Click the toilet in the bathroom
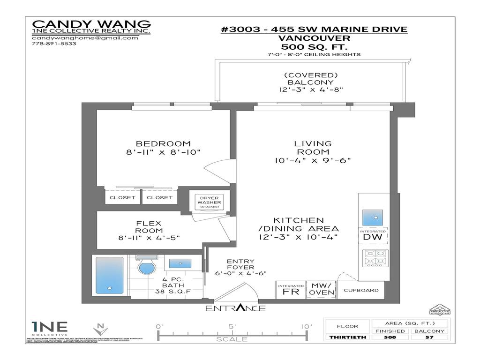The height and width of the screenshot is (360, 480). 147,267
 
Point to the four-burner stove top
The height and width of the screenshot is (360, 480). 373,259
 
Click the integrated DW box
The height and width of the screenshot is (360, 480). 373,235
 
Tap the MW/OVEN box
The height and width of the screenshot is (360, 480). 321,290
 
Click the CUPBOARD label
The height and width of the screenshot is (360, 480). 361,290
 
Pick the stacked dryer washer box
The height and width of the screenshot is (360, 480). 206,202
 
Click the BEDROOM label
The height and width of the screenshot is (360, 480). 163,144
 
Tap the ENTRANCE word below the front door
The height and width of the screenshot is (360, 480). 235,308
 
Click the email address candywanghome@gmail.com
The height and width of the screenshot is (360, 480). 85,38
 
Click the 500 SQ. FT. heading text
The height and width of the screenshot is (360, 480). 314,47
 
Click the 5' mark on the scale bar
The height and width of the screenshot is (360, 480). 232,327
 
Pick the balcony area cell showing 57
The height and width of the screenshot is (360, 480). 429,337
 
